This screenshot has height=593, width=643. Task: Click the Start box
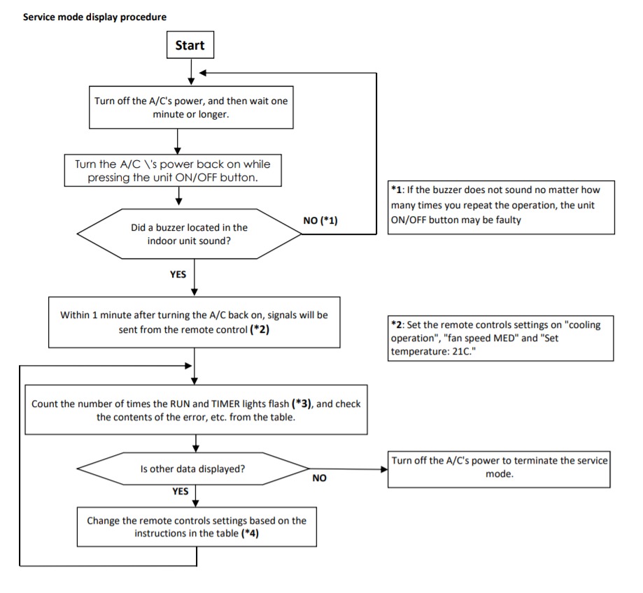(190, 45)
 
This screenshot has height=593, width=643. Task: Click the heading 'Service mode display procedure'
(94, 17)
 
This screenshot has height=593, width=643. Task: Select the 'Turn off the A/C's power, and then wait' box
(191, 108)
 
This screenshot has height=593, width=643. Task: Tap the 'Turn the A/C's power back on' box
(173, 171)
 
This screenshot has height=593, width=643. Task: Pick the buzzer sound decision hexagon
(189, 234)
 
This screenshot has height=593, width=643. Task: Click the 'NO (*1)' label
(320, 220)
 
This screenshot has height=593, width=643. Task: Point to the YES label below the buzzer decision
(178, 275)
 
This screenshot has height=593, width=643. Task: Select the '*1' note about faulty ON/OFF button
(501, 208)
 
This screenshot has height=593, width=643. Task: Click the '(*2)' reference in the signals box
(260, 329)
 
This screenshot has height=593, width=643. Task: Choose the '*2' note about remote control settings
(501, 338)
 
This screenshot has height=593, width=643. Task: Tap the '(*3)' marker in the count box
(302, 403)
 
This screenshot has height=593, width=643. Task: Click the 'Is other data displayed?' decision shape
(192, 469)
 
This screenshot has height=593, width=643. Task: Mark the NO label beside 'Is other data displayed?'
(320, 478)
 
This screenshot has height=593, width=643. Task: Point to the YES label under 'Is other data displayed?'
(180, 492)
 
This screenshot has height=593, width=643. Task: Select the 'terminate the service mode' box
(499, 469)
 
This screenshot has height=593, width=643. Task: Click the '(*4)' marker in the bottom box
(250, 533)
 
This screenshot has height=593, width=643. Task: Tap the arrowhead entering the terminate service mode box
(384, 469)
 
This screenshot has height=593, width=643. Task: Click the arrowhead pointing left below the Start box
(202, 73)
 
